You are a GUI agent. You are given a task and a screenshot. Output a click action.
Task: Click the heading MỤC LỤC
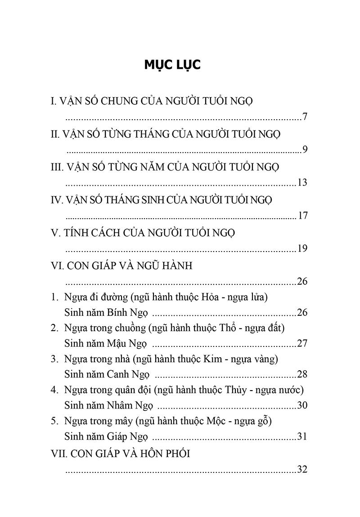coord(172,64)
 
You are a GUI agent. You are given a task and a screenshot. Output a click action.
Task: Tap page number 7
coord(305,117)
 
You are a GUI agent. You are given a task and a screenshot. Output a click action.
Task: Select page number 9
coord(305,150)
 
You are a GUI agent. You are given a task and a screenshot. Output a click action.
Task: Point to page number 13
coord(302,183)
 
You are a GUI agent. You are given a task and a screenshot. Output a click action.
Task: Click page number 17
coord(302,216)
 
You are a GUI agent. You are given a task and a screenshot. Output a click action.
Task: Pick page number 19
coord(302,249)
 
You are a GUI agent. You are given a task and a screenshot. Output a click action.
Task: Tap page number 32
coord(302,470)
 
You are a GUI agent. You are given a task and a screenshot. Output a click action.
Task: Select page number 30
coord(302,405)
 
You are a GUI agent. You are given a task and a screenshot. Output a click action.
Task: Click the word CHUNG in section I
coord(117,101)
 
